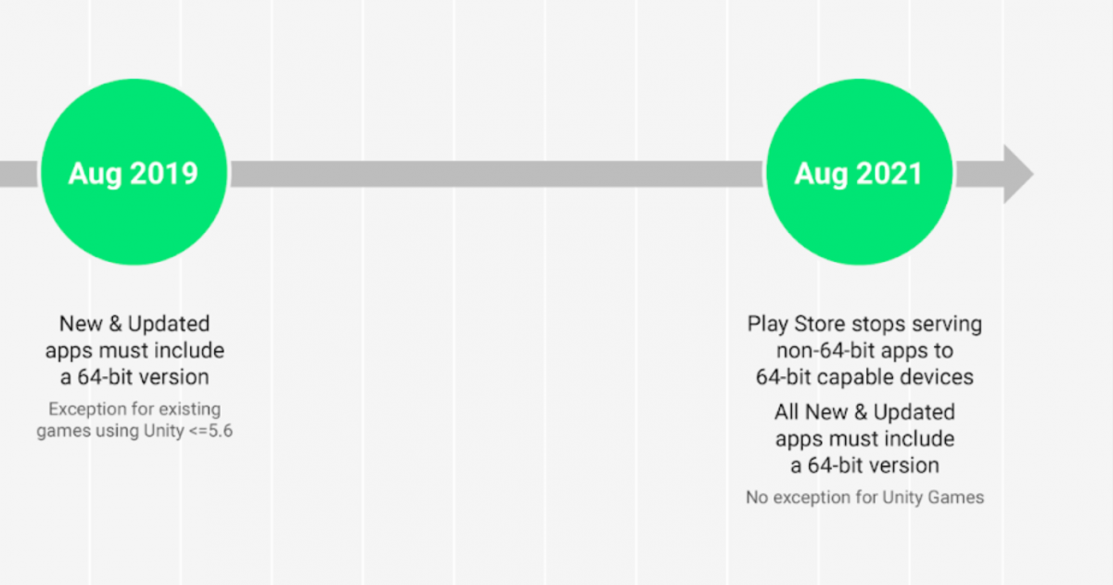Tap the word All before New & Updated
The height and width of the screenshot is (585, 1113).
(788, 411)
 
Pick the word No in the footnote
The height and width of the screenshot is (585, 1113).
(756, 497)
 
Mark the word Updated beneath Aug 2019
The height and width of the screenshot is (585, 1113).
(169, 324)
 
